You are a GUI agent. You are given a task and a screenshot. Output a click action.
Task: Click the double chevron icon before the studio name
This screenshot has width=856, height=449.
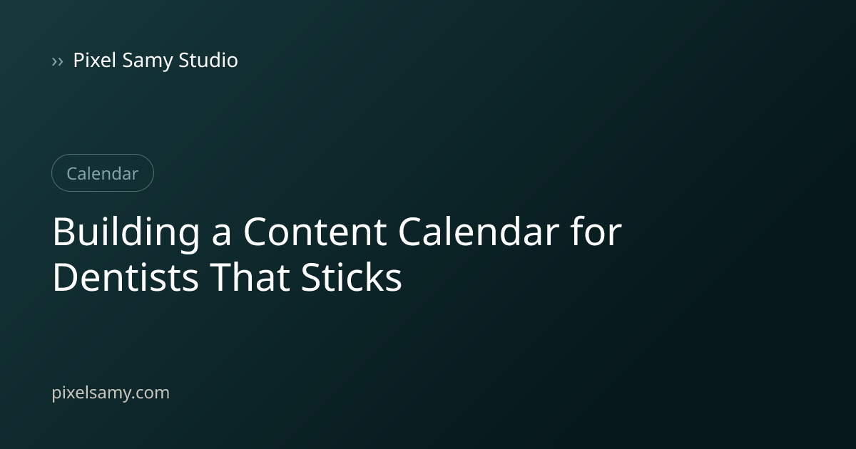coord(57,61)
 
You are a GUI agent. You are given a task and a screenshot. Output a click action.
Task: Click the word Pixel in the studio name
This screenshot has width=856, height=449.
coord(94,60)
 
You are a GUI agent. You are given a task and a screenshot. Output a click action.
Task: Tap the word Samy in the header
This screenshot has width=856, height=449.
coord(147,61)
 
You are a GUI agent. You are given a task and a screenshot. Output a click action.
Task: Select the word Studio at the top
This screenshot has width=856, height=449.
coord(208,60)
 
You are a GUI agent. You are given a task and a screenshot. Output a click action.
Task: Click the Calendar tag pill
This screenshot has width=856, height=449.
coord(103,173)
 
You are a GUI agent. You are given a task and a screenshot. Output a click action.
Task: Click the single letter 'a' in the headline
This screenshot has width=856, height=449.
coord(221,237)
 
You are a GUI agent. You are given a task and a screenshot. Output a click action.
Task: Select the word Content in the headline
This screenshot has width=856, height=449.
coord(315,232)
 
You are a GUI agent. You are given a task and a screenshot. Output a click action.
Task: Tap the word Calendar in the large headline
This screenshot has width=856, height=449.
coord(479,231)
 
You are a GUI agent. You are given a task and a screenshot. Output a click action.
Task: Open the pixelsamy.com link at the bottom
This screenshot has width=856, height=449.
coord(111,393)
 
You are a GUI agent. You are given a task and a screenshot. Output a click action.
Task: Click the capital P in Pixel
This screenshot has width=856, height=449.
coord(79,61)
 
